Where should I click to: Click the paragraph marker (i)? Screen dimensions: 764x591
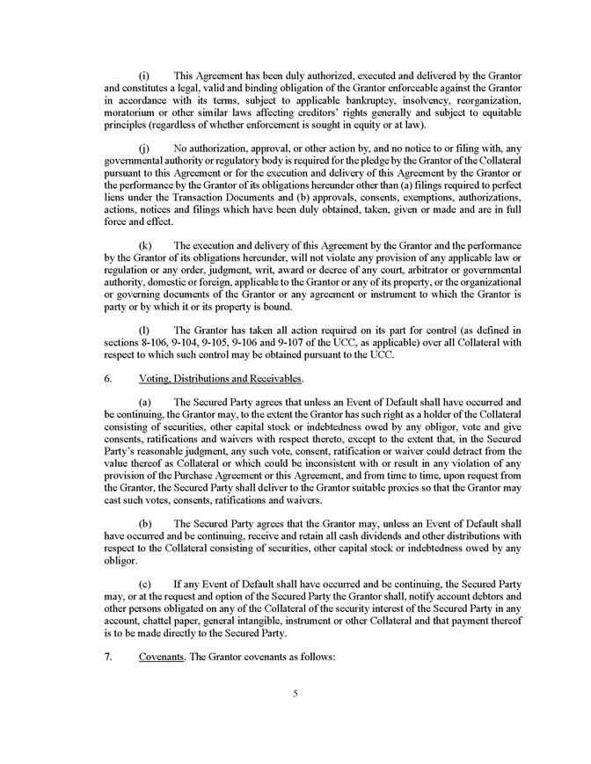[145, 76]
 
